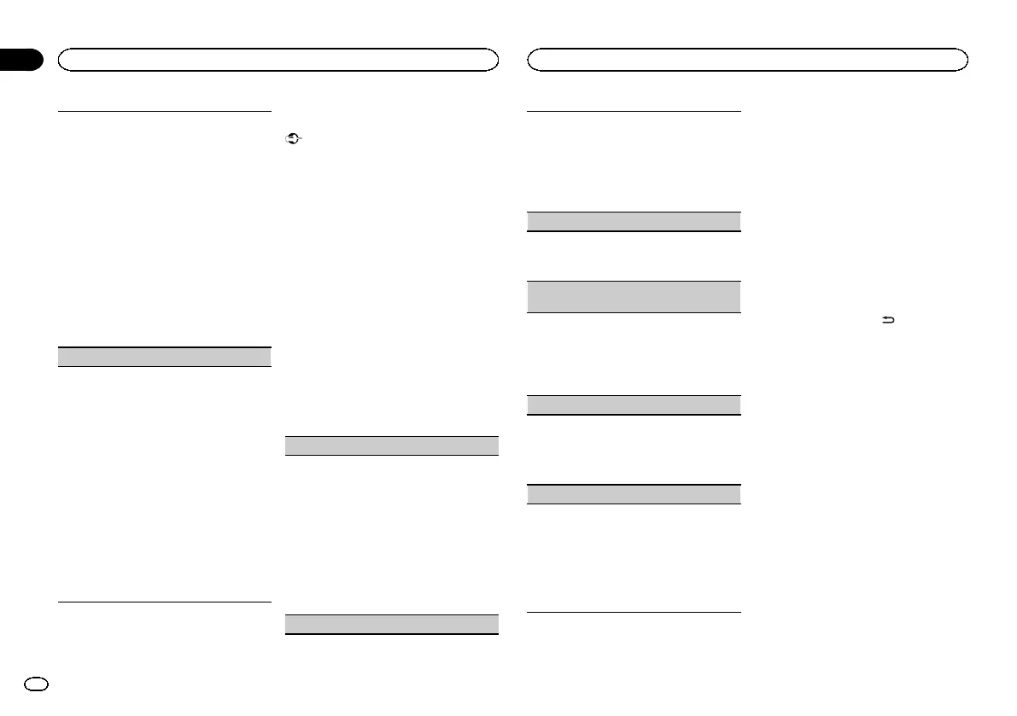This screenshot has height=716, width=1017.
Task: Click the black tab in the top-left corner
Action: pos(20,60)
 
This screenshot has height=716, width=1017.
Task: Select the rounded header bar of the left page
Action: pos(278,59)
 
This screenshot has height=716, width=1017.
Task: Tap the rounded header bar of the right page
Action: pos(747,59)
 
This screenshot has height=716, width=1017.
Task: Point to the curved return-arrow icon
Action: pos(887,321)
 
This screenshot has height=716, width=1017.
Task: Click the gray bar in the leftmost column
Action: pos(164,357)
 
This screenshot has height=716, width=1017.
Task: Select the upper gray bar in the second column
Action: pos(390,445)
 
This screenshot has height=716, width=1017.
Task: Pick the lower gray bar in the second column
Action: pos(390,624)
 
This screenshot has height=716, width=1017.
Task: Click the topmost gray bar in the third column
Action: pos(633,221)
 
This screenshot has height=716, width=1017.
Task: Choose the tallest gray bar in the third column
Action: pos(633,297)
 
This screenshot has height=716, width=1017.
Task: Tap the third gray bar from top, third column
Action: pos(633,405)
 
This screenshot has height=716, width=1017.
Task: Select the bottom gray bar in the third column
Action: pos(633,494)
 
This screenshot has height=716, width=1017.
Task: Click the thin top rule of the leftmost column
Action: pos(164,110)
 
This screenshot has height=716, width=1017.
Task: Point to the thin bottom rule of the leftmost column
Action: pos(164,603)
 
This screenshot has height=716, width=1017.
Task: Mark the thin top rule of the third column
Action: pos(633,110)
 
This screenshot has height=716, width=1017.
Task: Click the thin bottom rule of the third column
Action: pos(633,612)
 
